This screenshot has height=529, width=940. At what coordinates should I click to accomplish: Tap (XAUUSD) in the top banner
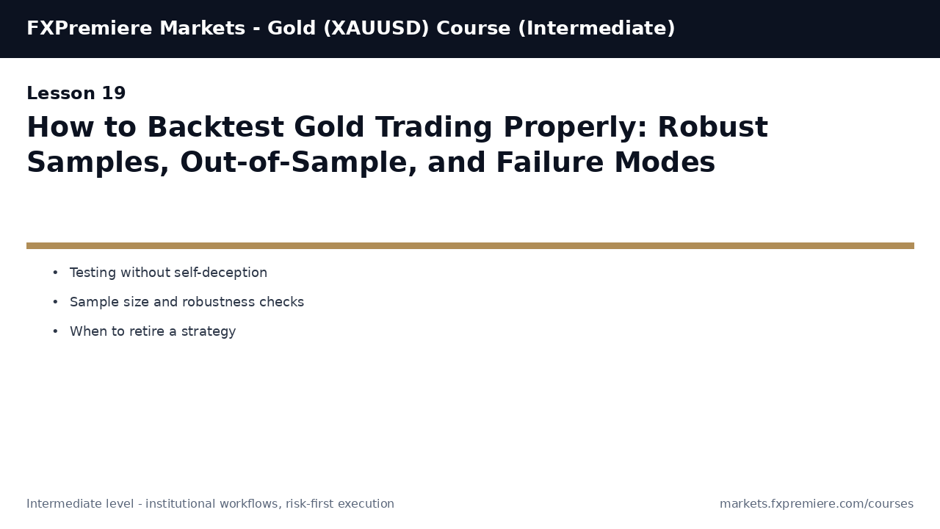coord(376,29)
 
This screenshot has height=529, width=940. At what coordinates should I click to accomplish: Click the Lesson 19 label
coord(76,94)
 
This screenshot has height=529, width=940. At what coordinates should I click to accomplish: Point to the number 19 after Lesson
coord(114,94)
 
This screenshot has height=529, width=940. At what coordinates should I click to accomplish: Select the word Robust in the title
coord(712,128)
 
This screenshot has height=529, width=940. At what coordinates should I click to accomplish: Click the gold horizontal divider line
coord(470,245)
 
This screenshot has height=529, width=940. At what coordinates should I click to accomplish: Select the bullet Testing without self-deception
coord(168,273)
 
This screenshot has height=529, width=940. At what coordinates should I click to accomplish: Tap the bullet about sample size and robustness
coord(187,302)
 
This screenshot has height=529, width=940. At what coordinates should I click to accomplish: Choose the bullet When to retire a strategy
coord(153,331)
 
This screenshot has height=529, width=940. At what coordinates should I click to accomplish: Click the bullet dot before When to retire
coord(55,331)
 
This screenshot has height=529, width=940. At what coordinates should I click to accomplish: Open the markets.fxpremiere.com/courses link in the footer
coord(816,504)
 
